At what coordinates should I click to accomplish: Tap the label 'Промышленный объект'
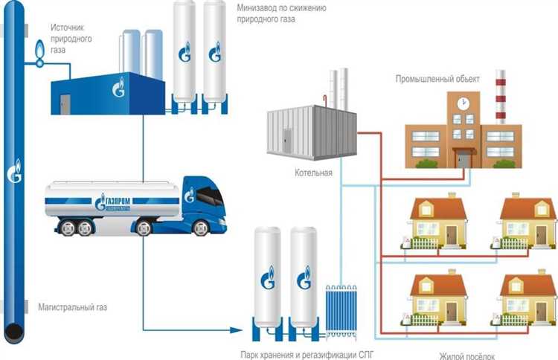coord(438,79)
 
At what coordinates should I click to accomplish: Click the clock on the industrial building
coord(463,102)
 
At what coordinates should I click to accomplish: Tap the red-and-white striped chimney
coord(500,97)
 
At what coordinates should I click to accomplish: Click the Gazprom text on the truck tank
coord(113,199)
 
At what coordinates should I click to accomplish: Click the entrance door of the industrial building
coord(464,159)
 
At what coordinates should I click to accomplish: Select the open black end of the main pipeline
coord(14,330)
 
